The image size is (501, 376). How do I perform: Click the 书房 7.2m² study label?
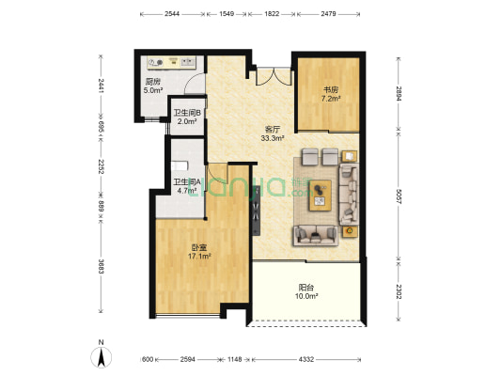pos(331,94)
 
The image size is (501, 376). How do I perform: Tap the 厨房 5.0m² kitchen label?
pos(153,86)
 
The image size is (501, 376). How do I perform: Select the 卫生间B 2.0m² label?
pos(187,117)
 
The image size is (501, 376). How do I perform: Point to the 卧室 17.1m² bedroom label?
pos(199,252)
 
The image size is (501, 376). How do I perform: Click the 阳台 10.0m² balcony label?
pos(306,291)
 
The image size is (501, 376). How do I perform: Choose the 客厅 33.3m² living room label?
pos(273,133)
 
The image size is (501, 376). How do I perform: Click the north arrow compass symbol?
pos(102,355)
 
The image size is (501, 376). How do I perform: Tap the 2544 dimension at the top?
pos(172,14)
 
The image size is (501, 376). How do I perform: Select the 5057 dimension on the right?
pos(399,196)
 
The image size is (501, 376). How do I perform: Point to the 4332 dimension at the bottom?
pos(306,359)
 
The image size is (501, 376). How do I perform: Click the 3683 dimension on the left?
pos(101,266)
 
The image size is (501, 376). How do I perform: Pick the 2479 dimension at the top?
pos(328,14)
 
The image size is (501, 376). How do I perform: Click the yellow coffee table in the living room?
pos(320,196)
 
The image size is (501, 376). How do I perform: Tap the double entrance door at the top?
pos(274,77)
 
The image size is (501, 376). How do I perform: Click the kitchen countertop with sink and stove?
pos(171,62)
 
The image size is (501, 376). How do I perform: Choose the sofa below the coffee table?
pos(316,235)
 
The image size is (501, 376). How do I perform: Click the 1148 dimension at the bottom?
pos(235,359)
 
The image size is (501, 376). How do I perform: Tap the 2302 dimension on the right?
pos(399,291)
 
